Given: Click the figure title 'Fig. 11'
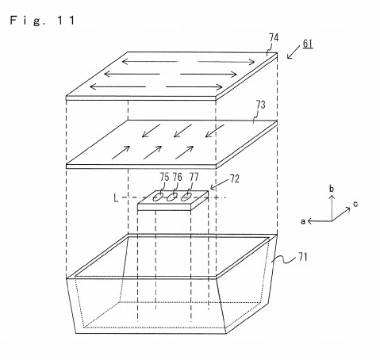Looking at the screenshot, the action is pyautogui.click(x=42, y=21).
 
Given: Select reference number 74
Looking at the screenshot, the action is pyautogui.click(x=274, y=38).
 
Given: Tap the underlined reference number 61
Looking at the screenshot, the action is pyautogui.click(x=308, y=44).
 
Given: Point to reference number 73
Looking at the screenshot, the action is pyautogui.click(x=260, y=105).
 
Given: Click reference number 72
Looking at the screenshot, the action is pyautogui.click(x=235, y=179).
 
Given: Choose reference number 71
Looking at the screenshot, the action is pyautogui.click(x=303, y=257).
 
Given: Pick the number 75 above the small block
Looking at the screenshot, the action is pyautogui.click(x=164, y=177).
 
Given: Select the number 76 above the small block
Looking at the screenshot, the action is pyautogui.click(x=178, y=177).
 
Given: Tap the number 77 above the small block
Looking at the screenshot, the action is pyautogui.click(x=194, y=177).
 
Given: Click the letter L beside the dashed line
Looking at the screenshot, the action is pyautogui.click(x=116, y=198).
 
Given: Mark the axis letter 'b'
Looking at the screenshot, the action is pyautogui.click(x=332, y=189).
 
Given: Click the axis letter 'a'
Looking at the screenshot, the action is pyautogui.click(x=303, y=221).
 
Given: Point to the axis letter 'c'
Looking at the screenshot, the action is pyautogui.click(x=355, y=204).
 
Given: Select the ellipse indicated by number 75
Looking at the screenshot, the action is pyautogui.click(x=158, y=197).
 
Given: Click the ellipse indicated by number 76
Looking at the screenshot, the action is pyautogui.click(x=172, y=197).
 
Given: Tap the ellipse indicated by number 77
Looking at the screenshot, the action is pyautogui.click(x=186, y=197).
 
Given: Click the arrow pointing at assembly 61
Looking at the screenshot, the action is pyautogui.click(x=294, y=52).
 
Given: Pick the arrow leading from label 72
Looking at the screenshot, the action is pyautogui.click(x=219, y=185).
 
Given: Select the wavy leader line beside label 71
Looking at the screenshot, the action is pyautogui.click(x=284, y=259).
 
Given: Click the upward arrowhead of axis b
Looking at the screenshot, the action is pyautogui.click(x=332, y=197).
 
